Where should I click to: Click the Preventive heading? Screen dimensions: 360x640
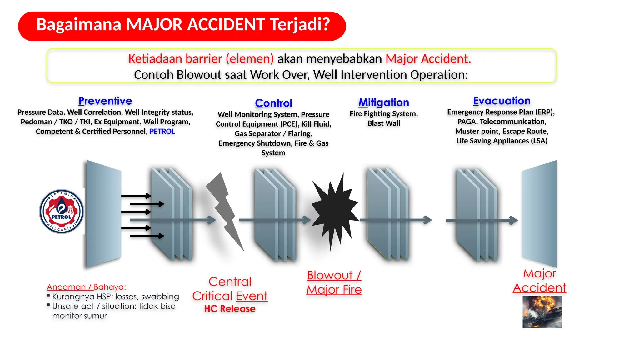[x=105, y=101]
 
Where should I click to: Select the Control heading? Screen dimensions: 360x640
[x=273, y=103]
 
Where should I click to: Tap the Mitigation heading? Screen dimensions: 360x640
[x=383, y=102]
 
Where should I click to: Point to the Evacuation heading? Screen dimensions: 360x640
[x=502, y=101]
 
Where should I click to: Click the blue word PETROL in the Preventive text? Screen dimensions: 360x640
[x=162, y=132]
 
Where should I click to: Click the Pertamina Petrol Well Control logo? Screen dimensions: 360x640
[x=62, y=212]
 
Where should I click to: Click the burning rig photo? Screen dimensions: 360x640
[x=542, y=312]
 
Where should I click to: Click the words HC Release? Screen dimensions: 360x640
[x=230, y=309]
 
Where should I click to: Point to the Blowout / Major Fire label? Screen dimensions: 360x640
[x=334, y=282]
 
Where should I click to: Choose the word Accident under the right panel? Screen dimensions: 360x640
[x=539, y=288]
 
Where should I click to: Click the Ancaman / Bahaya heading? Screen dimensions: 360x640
[x=86, y=287]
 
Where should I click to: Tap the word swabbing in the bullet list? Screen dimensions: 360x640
[x=160, y=297]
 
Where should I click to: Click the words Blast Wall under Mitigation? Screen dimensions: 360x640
[x=383, y=123]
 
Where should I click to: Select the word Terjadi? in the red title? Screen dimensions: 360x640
[x=300, y=25]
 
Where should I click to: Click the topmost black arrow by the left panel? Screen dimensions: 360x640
[x=136, y=196]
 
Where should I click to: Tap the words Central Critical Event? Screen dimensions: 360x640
[x=230, y=289]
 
